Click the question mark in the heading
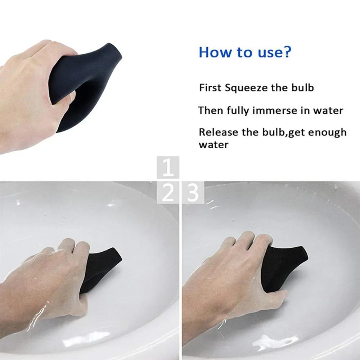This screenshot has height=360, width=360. [x=286, y=52]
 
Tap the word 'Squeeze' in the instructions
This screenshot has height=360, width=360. [x=245, y=88]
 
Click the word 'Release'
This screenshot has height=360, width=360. [x=219, y=132]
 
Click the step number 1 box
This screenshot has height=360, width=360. [x=168, y=167]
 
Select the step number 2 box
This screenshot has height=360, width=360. [x=168, y=193]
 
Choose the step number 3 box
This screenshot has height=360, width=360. [x=193, y=193]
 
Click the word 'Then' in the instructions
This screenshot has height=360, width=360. [x=211, y=111]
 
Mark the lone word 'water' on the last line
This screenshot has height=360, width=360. [x=213, y=145]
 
